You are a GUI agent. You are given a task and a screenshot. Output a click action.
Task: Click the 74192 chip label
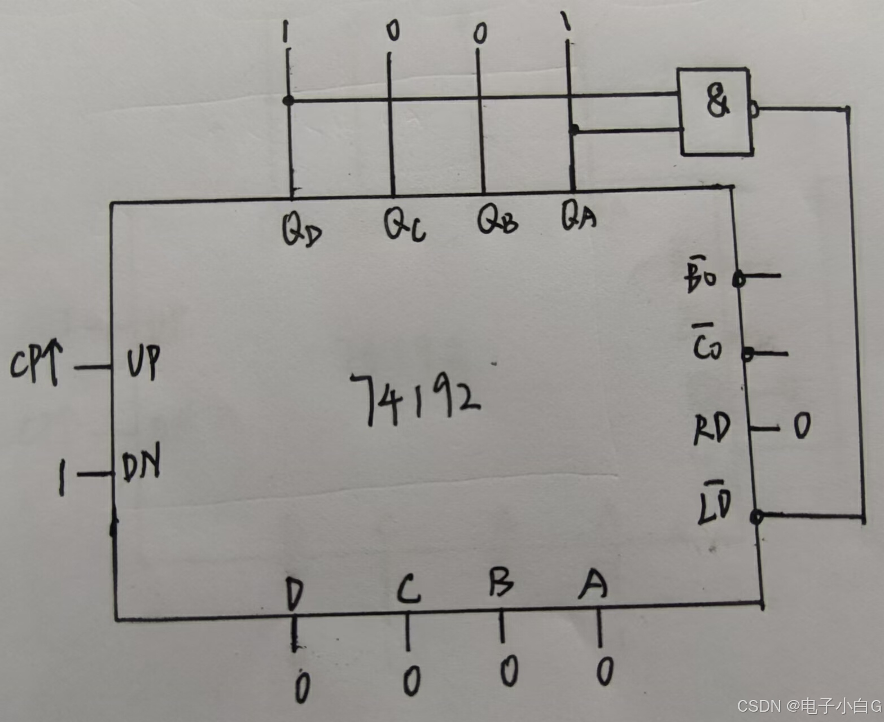[x=415, y=397]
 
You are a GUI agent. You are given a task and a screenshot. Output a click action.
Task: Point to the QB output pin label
[x=497, y=220]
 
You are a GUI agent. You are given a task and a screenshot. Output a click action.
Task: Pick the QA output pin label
[x=578, y=217]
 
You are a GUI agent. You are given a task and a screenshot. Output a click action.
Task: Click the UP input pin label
[x=143, y=361]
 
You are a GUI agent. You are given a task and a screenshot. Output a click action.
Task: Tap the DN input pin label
[x=141, y=463]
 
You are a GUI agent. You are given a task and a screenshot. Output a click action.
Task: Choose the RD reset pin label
[x=712, y=429]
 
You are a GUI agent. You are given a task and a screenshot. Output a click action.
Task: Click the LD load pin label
[x=715, y=504]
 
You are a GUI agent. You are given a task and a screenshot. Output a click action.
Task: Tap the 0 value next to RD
[x=802, y=426]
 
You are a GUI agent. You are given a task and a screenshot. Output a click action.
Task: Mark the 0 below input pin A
[x=605, y=671]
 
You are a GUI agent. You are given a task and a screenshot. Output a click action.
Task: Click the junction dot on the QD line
[x=288, y=100]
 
